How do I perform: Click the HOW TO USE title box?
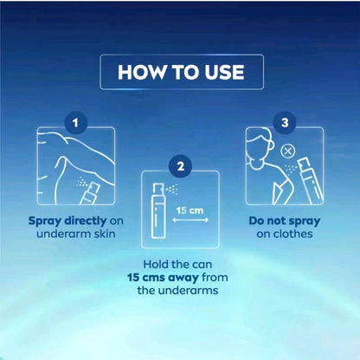(x=179, y=73)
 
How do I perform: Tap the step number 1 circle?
(x=76, y=124)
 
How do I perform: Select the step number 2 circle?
(x=179, y=164)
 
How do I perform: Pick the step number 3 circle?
(x=283, y=124)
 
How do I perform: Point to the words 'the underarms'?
(x=180, y=290)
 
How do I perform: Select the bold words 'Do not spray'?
(x=283, y=220)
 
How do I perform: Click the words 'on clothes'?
(x=283, y=235)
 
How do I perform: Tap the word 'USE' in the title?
(x=213, y=73)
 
